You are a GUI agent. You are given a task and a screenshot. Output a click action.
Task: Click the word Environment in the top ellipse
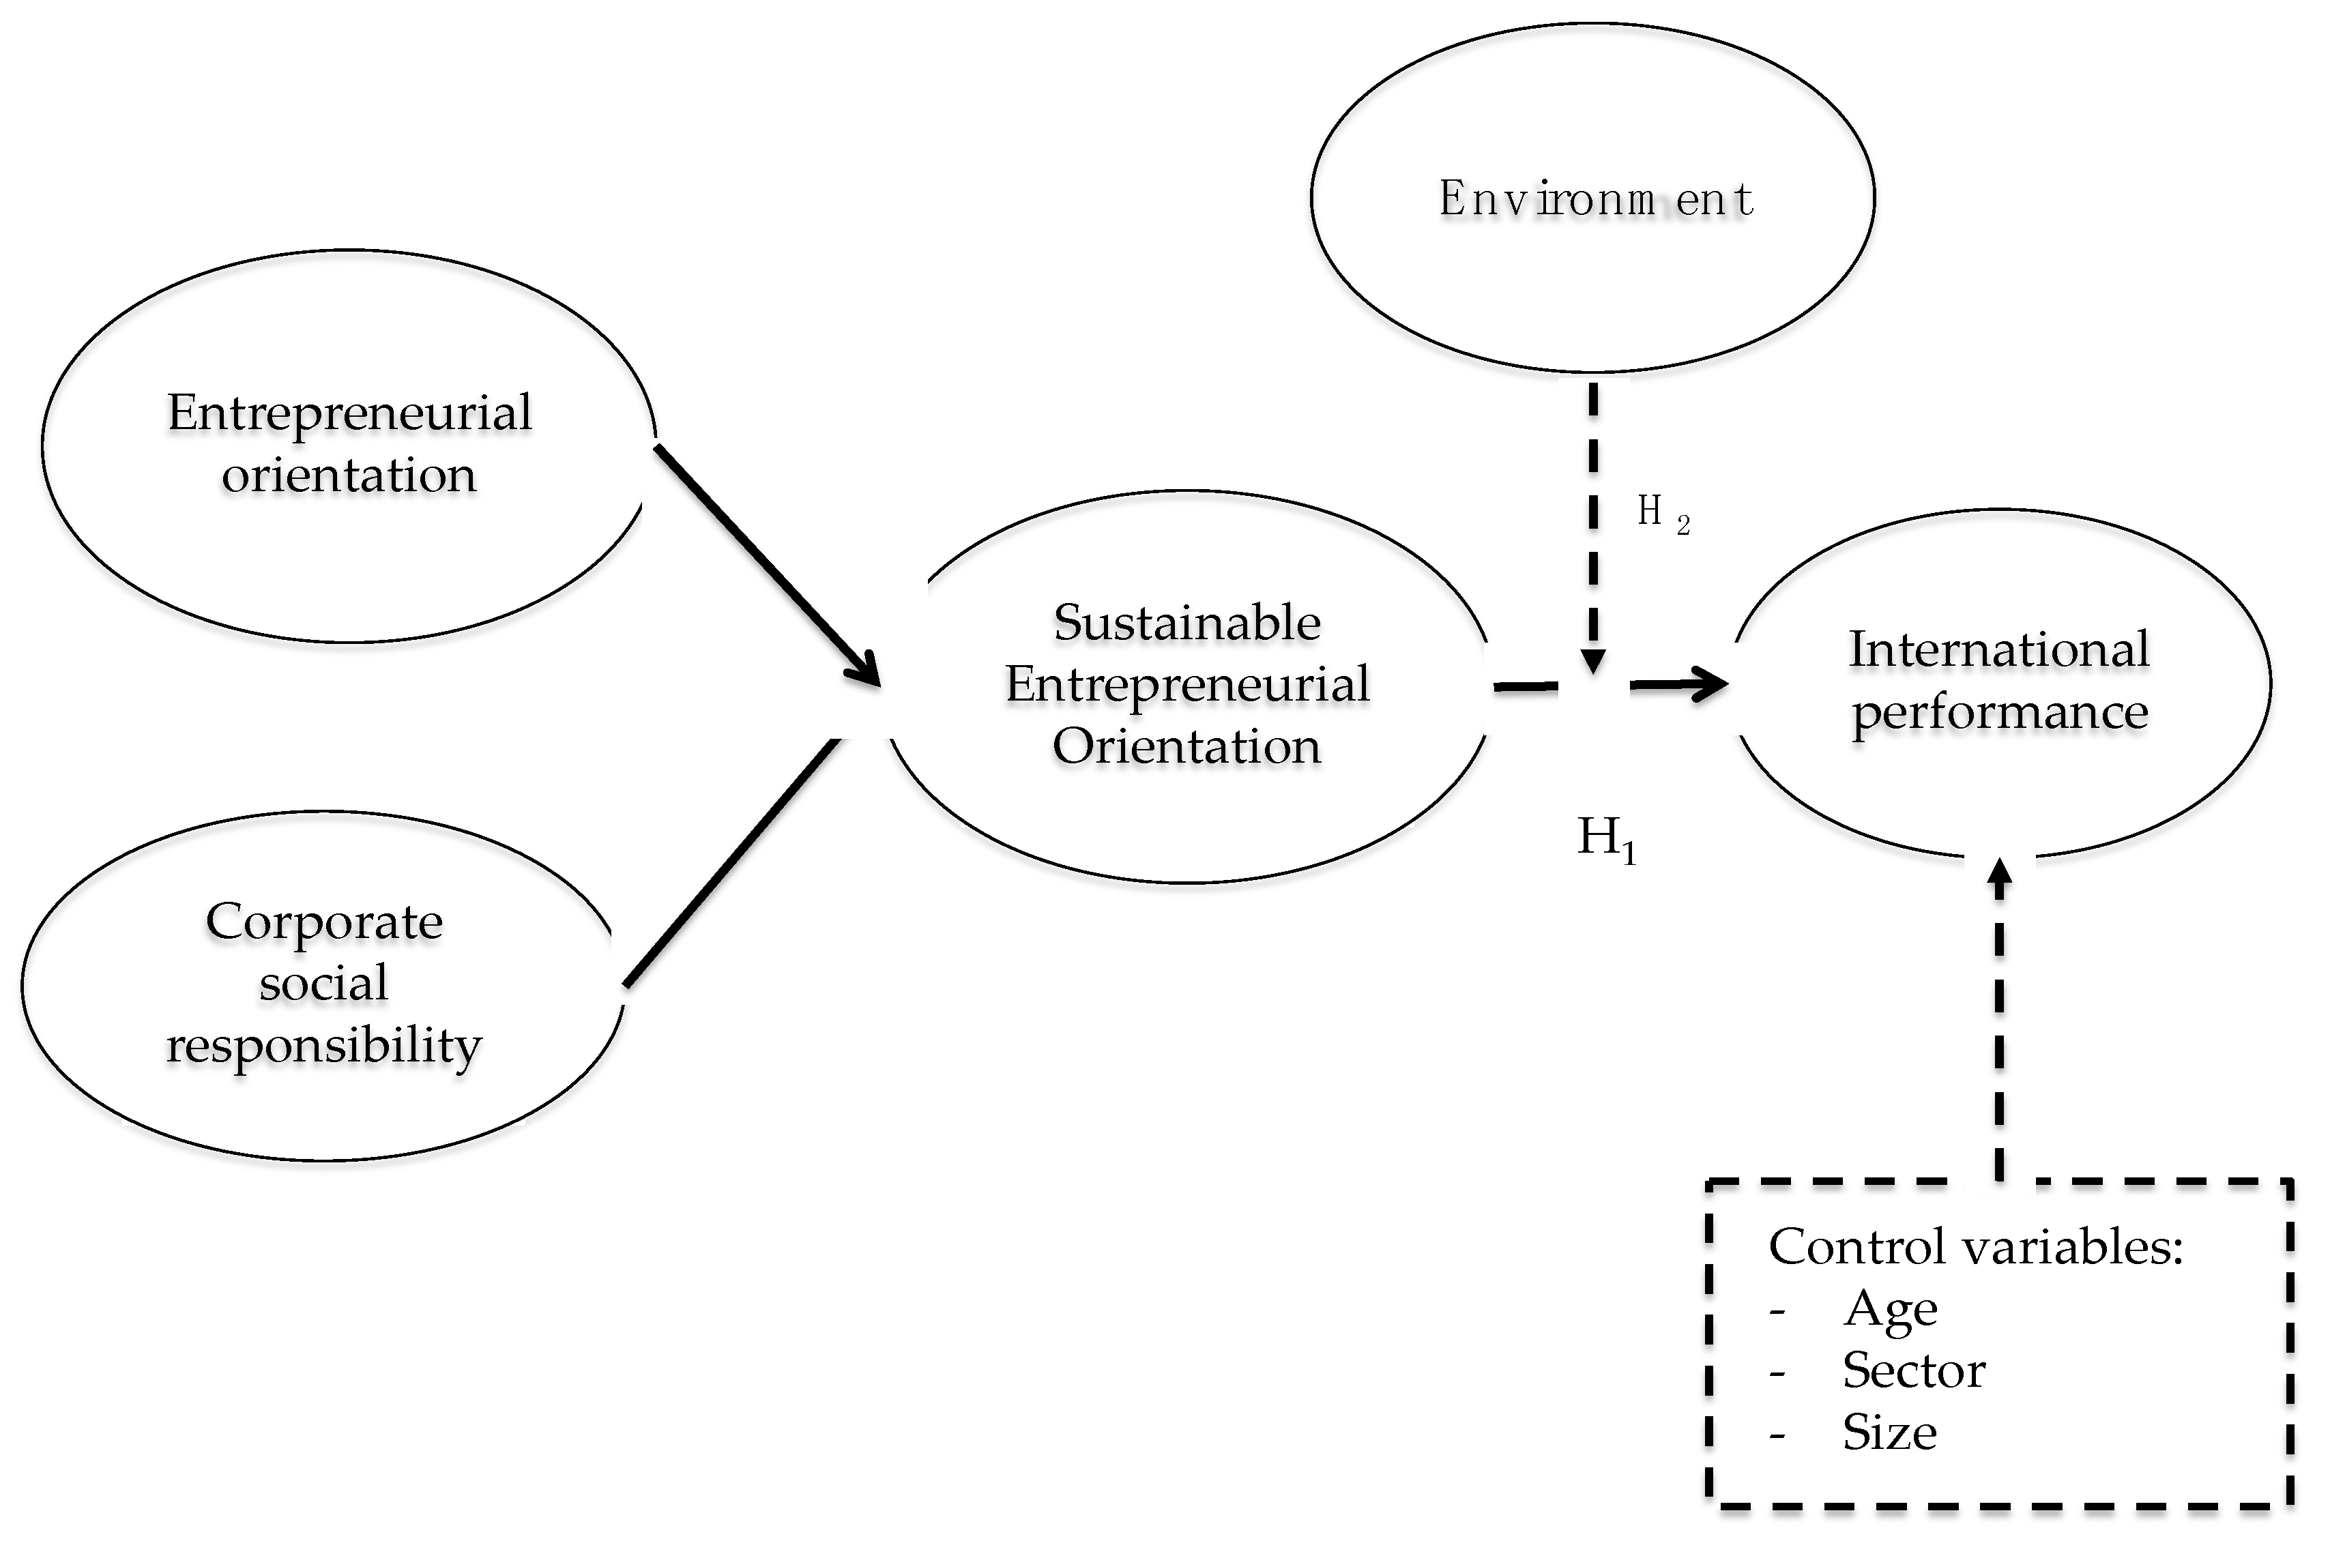point(1595,199)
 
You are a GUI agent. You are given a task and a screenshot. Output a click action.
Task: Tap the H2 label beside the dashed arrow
point(1661,513)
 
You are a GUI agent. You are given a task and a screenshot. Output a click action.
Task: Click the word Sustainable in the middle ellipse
point(1187,623)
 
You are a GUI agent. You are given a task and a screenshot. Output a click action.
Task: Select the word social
point(324,984)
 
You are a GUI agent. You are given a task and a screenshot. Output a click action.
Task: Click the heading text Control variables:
point(1975,1247)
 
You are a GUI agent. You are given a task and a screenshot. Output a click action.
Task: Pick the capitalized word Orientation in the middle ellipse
point(1187,747)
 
